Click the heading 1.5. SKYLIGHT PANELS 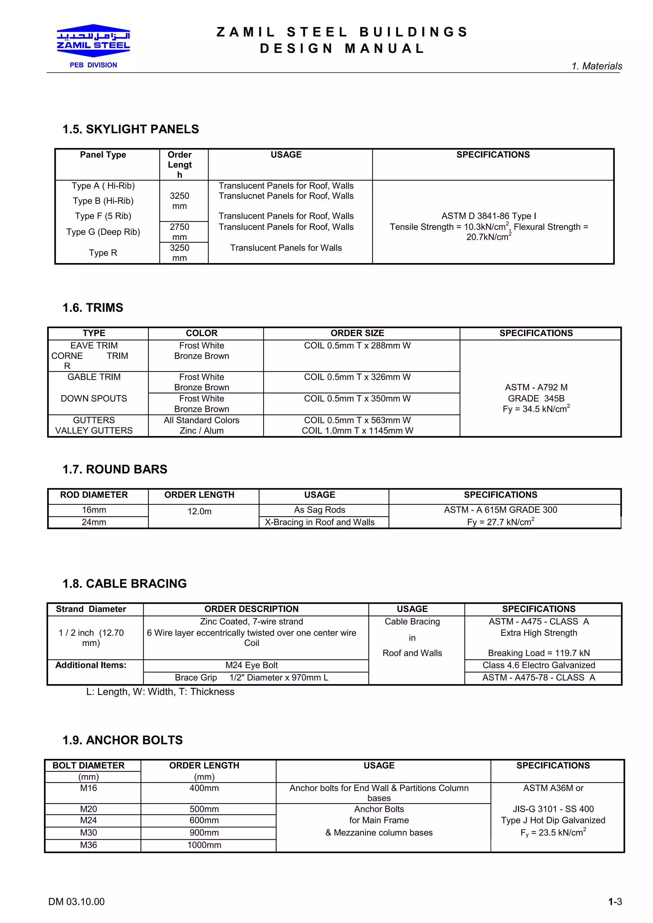click(130, 129)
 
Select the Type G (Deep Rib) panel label click(103, 232)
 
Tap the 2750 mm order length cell click(180, 232)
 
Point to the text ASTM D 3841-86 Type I click(488, 216)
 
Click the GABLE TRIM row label click(94, 377)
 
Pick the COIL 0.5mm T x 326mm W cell click(357, 377)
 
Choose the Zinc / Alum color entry click(202, 431)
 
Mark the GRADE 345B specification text click(536, 398)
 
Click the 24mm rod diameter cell click(94, 522)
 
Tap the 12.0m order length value click(199, 512)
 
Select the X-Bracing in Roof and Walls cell click(319, 522)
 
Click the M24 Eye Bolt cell click(252, 665)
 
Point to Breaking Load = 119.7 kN click(539, 653)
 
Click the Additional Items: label click(91, 665)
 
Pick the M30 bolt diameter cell click(89, 833)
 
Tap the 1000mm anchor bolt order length click(204, 845)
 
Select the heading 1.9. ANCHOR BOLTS click(122, 740)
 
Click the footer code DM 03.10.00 click(77, 902)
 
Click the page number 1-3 click(615, 902)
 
